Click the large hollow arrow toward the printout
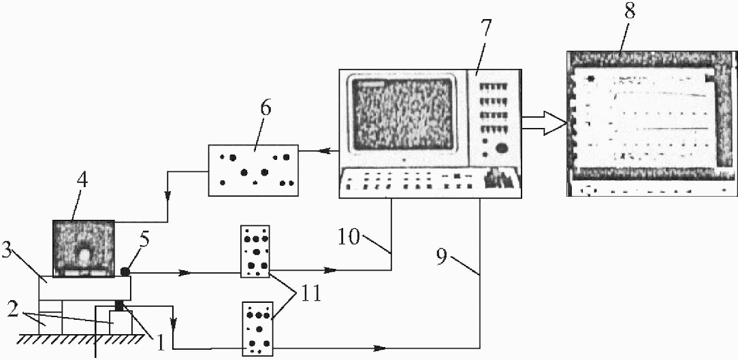(x=544, y=124)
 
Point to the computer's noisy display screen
(x=403, y=114)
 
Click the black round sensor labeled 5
(x=125, y=272)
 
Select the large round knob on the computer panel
(x=502, y=149)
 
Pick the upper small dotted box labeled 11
(x=255, y=251)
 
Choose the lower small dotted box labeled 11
(x=257, y=329)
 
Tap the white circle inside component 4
(x=84, y=256)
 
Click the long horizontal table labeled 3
(x=84, y=288)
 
